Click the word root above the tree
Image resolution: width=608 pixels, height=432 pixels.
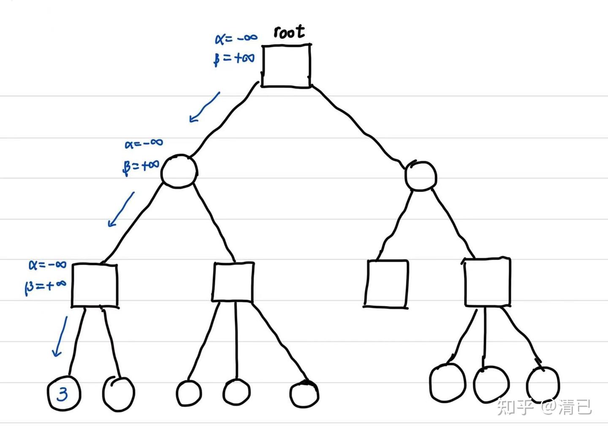(289, 32)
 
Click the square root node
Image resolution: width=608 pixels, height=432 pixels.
(286, 66)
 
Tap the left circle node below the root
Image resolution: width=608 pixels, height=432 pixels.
(179, 171)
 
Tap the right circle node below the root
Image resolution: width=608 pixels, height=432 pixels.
(420, 176)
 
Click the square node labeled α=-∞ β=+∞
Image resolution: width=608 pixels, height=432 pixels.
(94, 285)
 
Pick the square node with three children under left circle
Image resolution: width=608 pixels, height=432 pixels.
(233, 282)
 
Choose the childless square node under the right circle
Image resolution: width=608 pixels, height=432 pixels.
(386, 283)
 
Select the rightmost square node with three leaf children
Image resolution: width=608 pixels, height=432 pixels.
(487, 282)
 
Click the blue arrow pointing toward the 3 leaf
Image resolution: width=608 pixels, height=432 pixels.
(60, 336)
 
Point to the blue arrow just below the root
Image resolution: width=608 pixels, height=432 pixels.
(205, 107)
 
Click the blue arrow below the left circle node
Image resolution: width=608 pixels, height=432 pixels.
(121, 209)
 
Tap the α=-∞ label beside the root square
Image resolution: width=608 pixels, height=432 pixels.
(236, 38)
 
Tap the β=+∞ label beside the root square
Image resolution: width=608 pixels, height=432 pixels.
(234, 58)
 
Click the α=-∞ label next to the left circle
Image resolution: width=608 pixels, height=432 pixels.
(144, 143)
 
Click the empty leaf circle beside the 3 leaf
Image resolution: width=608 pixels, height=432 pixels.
(118, 393)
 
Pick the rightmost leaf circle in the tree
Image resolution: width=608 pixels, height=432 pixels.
(543, 385)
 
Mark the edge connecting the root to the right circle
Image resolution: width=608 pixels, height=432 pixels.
(359, 127)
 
